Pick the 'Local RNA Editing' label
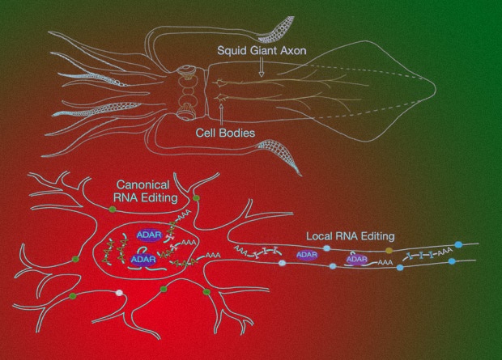350,236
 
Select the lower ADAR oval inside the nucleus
142,260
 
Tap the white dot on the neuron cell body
121,294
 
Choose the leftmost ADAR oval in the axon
307,255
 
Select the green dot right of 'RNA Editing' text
197,197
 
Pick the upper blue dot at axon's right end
458,243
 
